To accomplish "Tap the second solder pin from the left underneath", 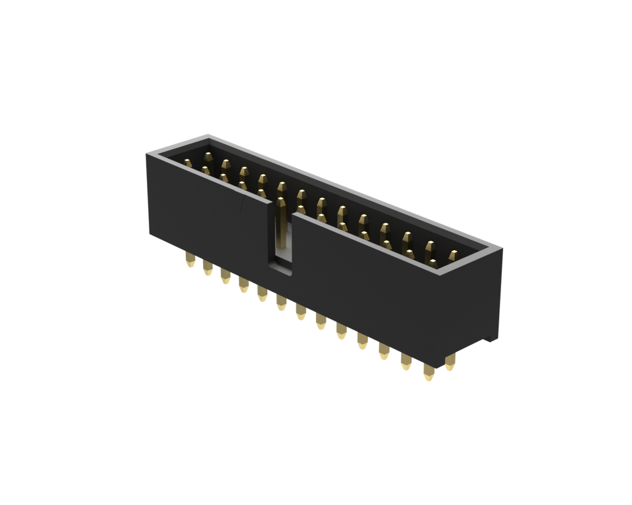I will point(207,269).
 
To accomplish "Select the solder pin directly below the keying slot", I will point(281,303).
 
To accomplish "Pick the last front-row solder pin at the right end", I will point(428,372).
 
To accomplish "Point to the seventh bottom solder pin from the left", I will point(301,312).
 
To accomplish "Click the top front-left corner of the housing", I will point(148,154).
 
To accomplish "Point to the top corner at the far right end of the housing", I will point(501,248).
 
